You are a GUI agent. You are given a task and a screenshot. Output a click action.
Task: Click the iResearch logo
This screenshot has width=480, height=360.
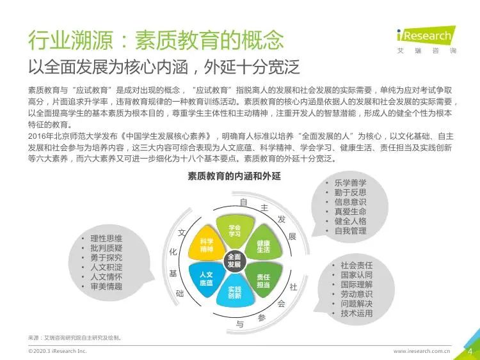tap(426, 40)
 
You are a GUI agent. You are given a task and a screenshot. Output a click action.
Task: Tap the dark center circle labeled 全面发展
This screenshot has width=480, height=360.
tap(234, 260)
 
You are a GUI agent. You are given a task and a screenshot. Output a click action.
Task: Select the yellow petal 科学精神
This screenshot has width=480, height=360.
tap(207, 244)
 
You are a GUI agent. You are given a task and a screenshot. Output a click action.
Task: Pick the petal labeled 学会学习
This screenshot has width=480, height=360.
tap(235, 230)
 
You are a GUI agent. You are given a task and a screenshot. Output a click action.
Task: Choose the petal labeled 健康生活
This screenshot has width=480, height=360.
tap(263, 246)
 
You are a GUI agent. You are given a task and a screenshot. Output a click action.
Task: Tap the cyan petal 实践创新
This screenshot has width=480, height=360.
tap(235, 292)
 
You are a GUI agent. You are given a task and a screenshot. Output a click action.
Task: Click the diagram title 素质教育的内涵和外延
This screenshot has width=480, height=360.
tap(234, 176)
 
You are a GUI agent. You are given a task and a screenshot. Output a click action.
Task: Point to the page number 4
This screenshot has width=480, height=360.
tap(470, 351)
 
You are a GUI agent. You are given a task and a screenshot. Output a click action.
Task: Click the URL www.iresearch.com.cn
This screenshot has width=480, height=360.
tap(422, 351)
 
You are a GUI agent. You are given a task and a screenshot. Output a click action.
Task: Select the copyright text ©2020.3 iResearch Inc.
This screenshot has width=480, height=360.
tap(58, 351)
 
